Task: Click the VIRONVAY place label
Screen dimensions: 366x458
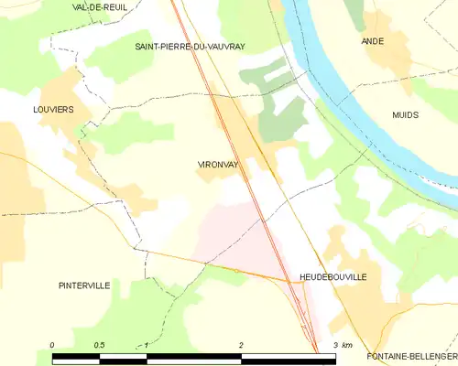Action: pyautogui.click(x=217, y=165)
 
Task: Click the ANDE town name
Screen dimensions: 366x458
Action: pyautogui.click(x=373, y=41)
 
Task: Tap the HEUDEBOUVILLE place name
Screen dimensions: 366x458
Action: pyautogui.click(x=333, y=275)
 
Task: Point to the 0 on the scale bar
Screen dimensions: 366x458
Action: pyautogui.click(x=53, y=344)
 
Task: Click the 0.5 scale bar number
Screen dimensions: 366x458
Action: pyautogui.click(x=98, y=344)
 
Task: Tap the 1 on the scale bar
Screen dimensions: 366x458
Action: pyautogui.click(x=147, y=344)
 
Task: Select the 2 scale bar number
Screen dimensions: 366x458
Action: pyautogui.click(x=241, y=344)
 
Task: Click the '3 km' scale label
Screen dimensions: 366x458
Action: pyautogui.click(x=343, y=344)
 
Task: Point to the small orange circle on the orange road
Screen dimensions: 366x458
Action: pyautogui.click(x=236, y=271)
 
